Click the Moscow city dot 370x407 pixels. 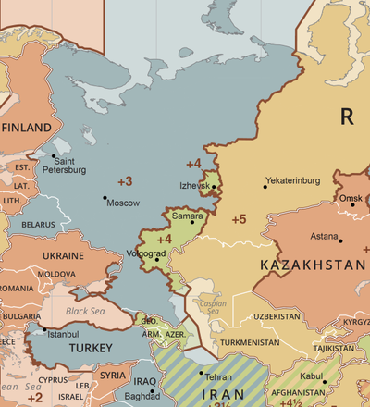tap(105, 197)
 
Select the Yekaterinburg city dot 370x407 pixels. tap(265, 187)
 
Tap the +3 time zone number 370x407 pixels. tap(125, 179)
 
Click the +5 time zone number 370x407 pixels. tap(239, 219)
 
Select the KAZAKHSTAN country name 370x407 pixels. tap(313, 265)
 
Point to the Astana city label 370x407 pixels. tap(324, 236)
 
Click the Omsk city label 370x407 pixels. tap(351, 199)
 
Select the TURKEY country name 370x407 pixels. tap(91, 348)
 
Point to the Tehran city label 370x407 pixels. tap(218, 378)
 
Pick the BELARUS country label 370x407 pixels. tap(39, 224)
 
